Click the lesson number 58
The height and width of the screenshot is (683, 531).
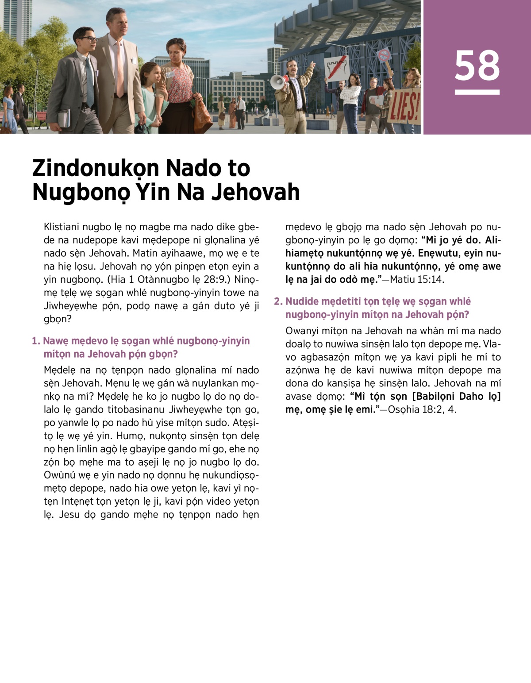[477, 66]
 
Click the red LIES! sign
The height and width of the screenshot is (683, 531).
[404, 107]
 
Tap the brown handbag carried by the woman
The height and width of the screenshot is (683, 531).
[202, 111]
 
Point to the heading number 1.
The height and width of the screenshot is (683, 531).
[36, 341]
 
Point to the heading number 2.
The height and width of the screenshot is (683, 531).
[278, 301]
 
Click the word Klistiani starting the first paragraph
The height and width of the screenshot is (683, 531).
[62, 227]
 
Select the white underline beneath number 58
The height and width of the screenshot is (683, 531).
[477, 92]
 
